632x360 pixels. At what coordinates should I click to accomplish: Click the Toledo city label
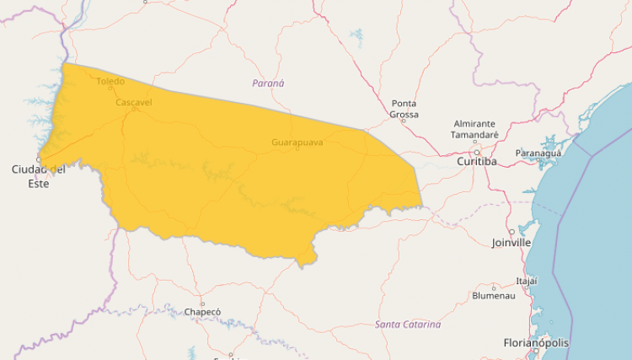click(110, 82)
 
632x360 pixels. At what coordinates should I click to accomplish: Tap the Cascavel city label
click(134, 102)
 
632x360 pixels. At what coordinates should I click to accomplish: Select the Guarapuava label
click(297, 142)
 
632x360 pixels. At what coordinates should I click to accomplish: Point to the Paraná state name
click(269, 83)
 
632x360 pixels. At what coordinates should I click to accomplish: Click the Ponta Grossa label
click(404, 109)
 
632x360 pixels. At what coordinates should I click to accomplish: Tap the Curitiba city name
click(476, 161)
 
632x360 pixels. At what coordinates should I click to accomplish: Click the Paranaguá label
click(538, 153)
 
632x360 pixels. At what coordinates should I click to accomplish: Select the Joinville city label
click(511, 243)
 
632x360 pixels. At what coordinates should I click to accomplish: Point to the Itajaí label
click(527, 281)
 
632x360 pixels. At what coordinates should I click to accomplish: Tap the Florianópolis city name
click(536, 343)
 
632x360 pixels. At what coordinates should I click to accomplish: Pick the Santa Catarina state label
click(408, 325)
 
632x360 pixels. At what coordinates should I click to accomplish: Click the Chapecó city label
click(202, 312)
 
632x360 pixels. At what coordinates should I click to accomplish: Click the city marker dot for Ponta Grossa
click(403, 121)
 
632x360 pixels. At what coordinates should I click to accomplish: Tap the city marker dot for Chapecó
click(202, 304)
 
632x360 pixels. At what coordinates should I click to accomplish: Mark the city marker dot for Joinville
click(511, 232)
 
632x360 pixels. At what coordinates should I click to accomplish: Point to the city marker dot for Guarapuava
click(297, 149)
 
